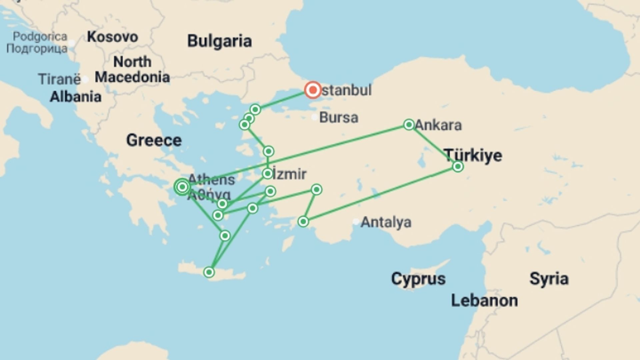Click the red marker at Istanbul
pos(313,90)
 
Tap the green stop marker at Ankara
pos(409,125)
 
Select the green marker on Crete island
pos(209,272)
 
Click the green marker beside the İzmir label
pos(267,174)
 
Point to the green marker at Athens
pos(182,187)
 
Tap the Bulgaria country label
pos(219,41)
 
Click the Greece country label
pos(154,140)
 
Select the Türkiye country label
pos(473,155)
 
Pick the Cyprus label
pos(418,279)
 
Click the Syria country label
pos(549,279)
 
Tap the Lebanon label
pos(484,301)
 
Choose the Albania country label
pos(75,97)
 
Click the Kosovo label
pos(112,37)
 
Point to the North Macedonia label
pos(132,70)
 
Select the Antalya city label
pos(386,222)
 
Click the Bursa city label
pos(339,118)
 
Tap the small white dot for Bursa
pos(314,117)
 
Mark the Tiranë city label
pos(59,79)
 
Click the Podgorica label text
pos(40,36)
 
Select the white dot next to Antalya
pos(356,221)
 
